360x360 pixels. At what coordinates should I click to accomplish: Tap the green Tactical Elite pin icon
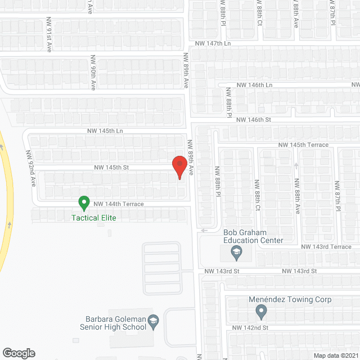[84, 202]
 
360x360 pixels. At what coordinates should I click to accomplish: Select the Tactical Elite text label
[93, 218]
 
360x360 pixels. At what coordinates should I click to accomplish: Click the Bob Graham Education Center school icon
[237, 253]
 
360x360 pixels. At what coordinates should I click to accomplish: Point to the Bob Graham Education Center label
[253, 236]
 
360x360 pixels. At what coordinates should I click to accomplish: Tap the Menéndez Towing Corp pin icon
[260, 311]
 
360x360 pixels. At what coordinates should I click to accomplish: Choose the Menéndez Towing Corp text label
[290, 300]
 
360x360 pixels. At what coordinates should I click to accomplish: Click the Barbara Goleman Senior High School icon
[152, 322]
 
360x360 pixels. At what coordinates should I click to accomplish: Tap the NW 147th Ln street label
[213, 43]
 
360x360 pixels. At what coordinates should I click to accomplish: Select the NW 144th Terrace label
[119, 204]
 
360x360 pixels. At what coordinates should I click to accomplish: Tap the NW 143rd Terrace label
[326, 247]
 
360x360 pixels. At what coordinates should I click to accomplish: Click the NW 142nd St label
[251, 327]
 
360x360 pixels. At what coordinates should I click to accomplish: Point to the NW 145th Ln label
[105, 130]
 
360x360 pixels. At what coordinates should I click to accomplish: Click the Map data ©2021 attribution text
[335, 355]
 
